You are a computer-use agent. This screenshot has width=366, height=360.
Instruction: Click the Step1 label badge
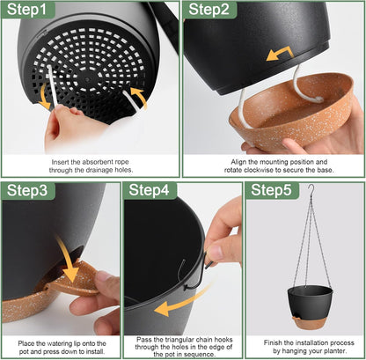29,11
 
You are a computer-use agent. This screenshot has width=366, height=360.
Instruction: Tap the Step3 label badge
29,191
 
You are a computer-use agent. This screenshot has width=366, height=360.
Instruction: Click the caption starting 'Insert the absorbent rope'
91,168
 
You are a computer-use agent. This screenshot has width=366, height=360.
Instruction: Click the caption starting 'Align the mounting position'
274,168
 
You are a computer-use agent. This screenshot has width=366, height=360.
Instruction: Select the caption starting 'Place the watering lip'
60,344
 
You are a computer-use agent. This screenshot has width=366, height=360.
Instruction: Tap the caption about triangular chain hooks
182,344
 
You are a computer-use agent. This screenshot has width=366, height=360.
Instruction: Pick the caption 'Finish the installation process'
304,344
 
